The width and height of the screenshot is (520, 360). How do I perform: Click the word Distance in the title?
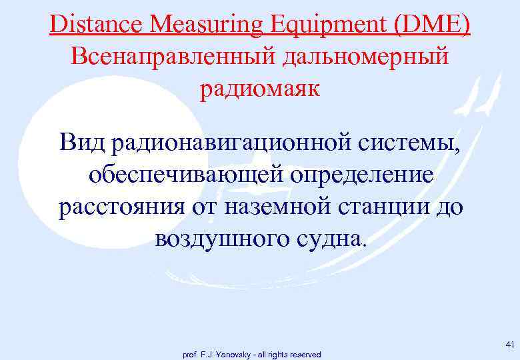tap(97, 25)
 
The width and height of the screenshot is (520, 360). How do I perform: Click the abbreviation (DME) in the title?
tap(433, 25)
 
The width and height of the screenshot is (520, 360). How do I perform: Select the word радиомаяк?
tap(260, 89)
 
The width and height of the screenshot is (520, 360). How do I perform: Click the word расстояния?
tap(119, 207)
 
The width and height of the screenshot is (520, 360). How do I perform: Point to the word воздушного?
tap(224, 239)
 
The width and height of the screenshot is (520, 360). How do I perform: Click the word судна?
tap(332, 239)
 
